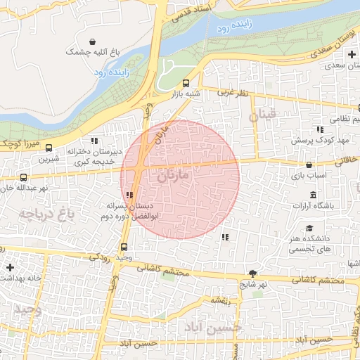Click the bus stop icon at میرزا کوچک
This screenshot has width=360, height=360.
(x=49, y=148)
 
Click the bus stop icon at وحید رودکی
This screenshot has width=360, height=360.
(x=124, y=247)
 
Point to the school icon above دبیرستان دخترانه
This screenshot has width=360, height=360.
(x=95, y=141)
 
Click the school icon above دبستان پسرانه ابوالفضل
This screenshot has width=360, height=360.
(x=129, y=195)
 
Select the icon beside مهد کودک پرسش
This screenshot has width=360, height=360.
(x=321, y=129)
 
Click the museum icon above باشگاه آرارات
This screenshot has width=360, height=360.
(x=312, y=194)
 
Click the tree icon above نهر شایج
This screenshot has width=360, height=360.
(x=253, y=274)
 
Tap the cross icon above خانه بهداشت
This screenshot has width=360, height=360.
(x=10, y=268)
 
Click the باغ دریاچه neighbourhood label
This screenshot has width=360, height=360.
(x=46, y=212)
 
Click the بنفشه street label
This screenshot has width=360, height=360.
(x=220, y=300)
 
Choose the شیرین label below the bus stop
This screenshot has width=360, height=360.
(x=49, y=159)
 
